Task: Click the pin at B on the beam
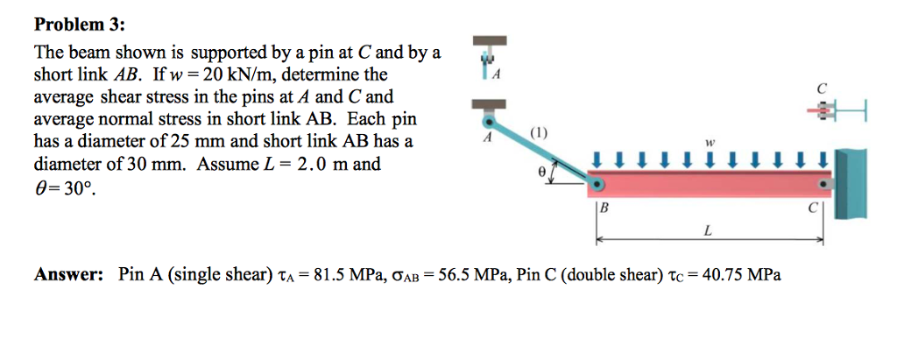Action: click(x=597, y=184)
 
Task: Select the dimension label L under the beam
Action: click(x=707, y=230)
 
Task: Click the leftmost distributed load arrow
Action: click(x=597, y=159)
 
